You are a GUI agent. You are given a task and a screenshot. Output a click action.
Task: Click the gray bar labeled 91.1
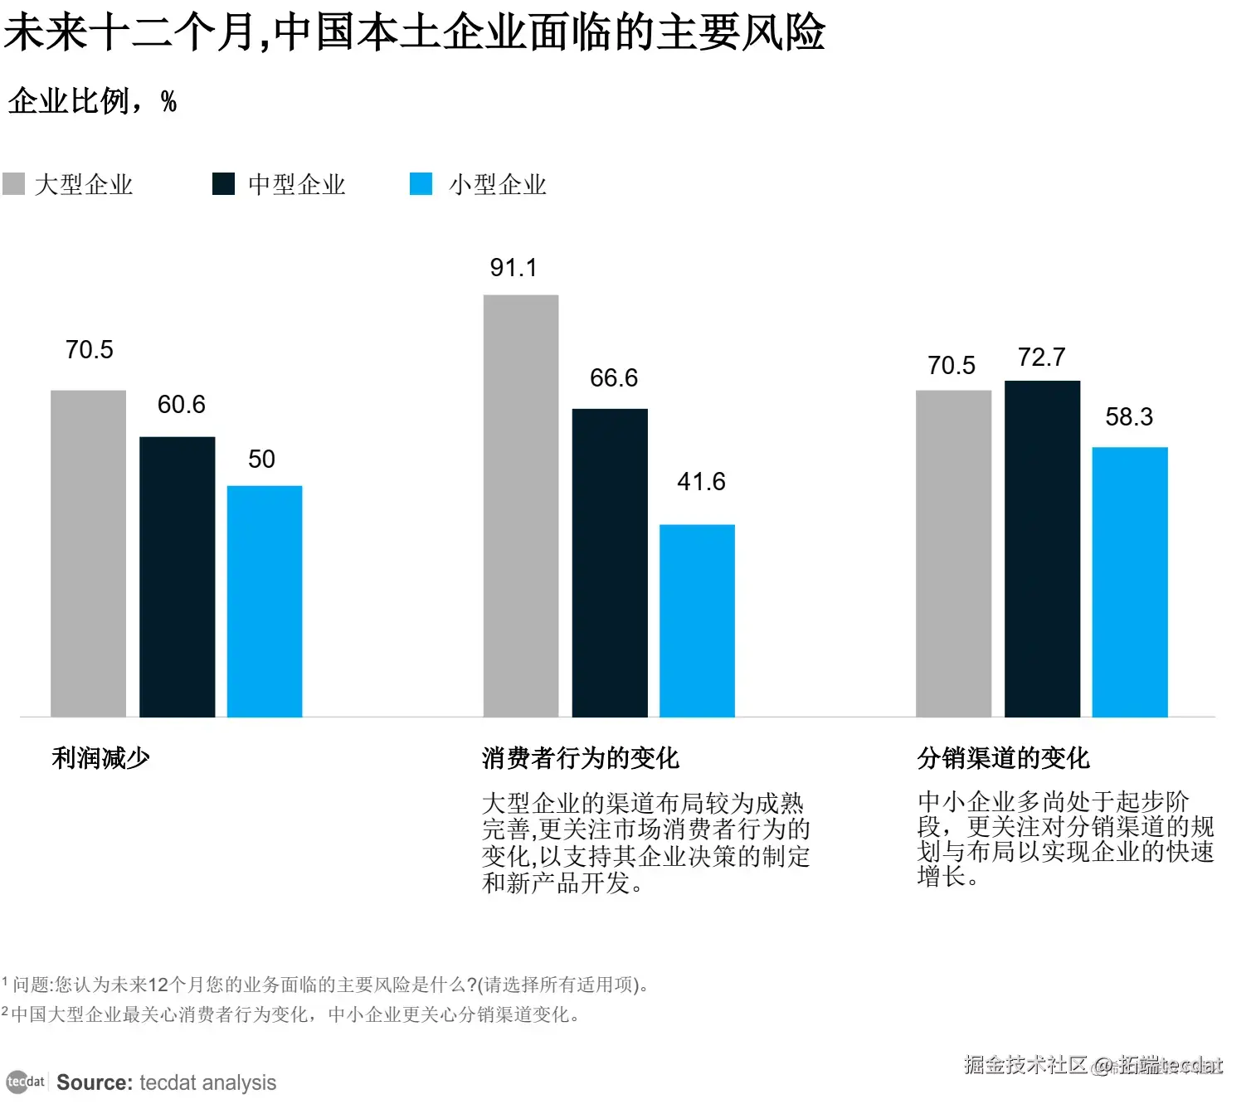(x=521, y=506)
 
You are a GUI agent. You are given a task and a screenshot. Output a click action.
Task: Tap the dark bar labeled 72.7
(x=1042, y=548)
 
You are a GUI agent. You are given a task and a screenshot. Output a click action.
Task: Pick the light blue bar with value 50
(x=265, y=601)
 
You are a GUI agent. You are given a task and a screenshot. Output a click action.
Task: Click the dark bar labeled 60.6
(x=177, y=576)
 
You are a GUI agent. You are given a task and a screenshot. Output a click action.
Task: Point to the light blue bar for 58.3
(x=1130, y=581)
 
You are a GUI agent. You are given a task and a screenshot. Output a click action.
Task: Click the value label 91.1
(x=514, y=268)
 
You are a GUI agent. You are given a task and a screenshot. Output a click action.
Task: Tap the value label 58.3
(x=1129, y=417)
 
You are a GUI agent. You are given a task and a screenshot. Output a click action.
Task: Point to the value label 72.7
(x=1041, y=357)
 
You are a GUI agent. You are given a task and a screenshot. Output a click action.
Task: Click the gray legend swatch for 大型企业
(x=14, y=184)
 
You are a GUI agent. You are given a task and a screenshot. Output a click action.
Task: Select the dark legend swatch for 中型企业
(x=223, y=184)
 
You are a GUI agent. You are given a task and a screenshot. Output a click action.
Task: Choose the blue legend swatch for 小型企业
(x=421, y=184)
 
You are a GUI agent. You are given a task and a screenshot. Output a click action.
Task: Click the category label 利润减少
(x=100, y=758)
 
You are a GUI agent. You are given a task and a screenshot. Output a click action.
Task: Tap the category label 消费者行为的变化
(x=580, y=758)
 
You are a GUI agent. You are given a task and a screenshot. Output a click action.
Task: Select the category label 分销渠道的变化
(x=1003, y=758)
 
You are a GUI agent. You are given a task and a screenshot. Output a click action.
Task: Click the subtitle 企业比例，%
(x=92, y=101)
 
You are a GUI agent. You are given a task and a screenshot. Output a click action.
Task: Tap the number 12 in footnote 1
(x=158, y=985)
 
